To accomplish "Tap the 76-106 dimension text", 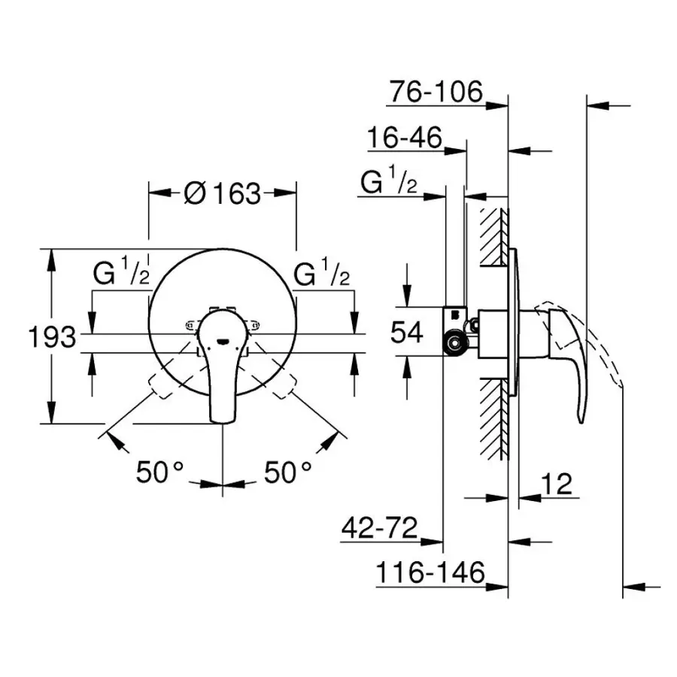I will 435,92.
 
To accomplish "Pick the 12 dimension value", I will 556,484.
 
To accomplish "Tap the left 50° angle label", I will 159,472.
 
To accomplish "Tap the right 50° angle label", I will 287,472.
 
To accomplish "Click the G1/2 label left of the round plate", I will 121,274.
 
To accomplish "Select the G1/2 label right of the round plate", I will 322,274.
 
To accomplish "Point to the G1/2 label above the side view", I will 389,182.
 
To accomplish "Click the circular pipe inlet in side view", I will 455,344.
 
